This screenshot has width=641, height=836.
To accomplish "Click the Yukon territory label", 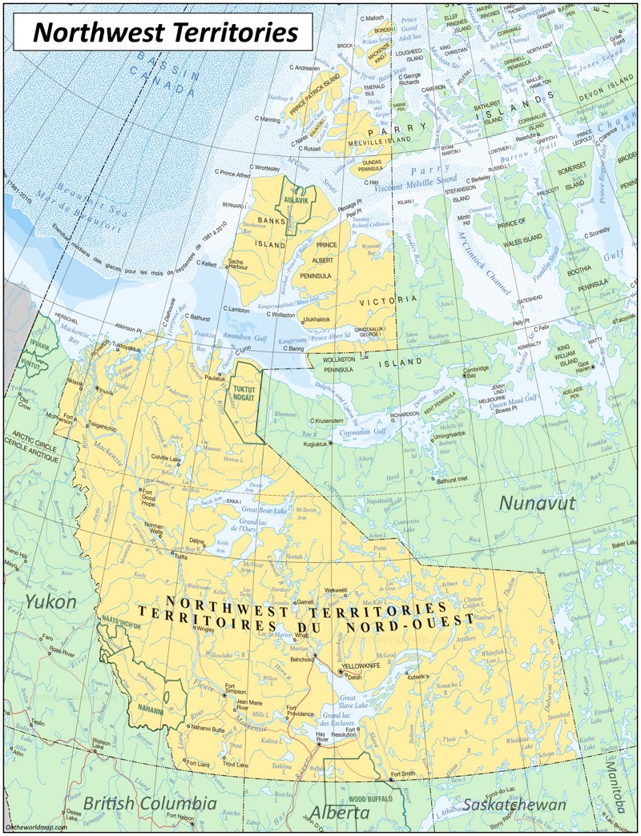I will pos(50,601).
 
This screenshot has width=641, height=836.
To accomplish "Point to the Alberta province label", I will pos(340,812).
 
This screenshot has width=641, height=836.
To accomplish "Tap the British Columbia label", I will pos(150,802).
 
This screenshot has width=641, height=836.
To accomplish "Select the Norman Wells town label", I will pos(153,529).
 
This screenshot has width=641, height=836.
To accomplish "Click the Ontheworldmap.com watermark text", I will pos(34,827).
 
